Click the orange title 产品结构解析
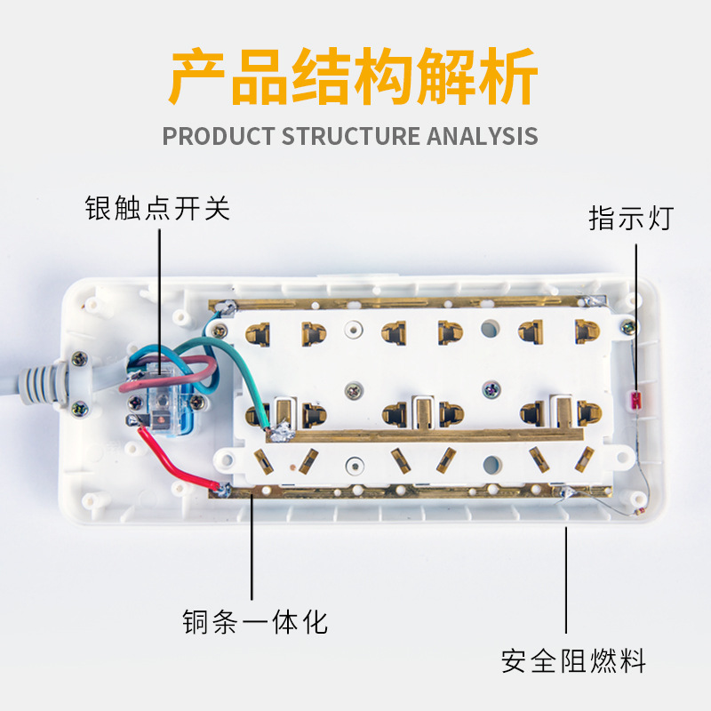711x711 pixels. [354, 79]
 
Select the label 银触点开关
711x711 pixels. [157, 208]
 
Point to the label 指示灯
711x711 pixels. [631, 218]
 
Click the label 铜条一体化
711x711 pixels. [255, 621]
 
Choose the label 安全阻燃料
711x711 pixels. [572, 661]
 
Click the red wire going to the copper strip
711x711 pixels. [181, 460]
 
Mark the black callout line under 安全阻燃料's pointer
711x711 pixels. [566, 578]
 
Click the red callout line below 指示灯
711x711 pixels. [636, 311]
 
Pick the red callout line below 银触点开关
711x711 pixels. [160, 293]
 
